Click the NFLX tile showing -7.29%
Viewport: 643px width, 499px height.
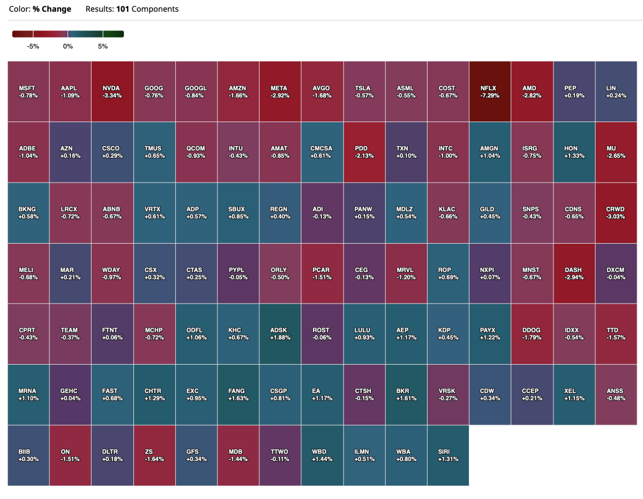(489, 92)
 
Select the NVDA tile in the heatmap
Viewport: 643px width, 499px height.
(112, 92)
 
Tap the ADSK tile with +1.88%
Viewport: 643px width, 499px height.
(280, 334)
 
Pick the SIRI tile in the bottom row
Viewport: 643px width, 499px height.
(447, 456)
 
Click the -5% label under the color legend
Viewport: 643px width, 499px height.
(33, 47)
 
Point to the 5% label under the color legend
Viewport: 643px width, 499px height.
(103, 47)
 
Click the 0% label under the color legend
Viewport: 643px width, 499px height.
(68, 47)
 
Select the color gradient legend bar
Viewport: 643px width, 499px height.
(68, 34)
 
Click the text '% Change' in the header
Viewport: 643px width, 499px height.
(52, 9)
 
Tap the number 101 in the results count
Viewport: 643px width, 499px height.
(123, 9)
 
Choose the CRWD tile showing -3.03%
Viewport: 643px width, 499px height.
(615, 213)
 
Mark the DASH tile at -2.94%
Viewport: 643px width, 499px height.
(573, 274)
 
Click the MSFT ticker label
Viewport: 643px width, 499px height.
(28, 88)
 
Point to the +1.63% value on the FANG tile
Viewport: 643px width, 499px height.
(237, 398)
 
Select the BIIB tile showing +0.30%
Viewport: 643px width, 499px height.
(28, 456)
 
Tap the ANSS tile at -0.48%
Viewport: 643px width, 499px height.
(615, 395)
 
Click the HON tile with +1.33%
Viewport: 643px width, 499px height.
(573, 152)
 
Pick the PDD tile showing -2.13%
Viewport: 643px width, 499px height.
(363, 152)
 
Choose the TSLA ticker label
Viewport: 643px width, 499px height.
(363, 88)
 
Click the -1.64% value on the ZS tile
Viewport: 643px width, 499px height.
(154, 459)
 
